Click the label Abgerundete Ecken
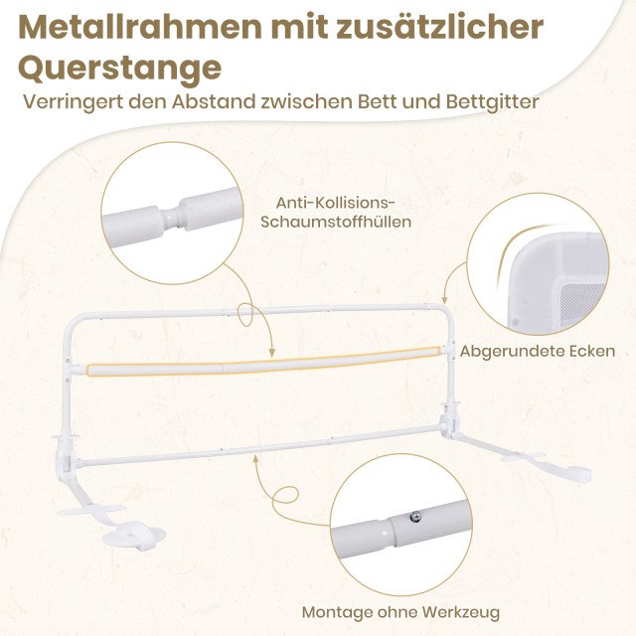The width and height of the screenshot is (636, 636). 538,351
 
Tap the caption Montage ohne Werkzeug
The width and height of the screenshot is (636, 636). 400,612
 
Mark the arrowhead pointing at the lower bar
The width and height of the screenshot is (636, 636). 256,454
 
